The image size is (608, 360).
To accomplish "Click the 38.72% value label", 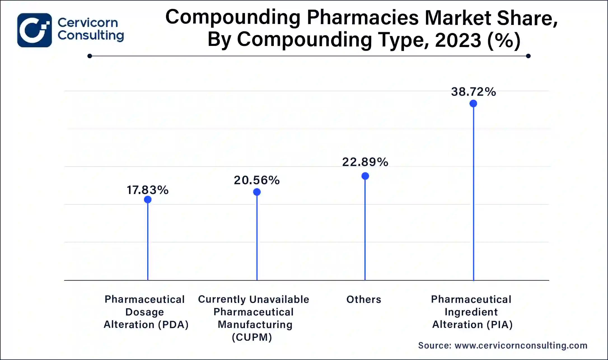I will click(473, 92).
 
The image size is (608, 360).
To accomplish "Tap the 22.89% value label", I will click(365, 162).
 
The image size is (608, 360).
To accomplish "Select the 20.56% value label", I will click(257, 180).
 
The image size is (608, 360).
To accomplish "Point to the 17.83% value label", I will click(148, 190).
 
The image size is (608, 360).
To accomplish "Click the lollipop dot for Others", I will click(365, 176).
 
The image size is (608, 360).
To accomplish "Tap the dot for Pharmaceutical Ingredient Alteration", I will click(473, 104).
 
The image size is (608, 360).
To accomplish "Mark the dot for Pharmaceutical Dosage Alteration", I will click(148, 200).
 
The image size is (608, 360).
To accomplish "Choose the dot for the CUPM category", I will click(257, 192).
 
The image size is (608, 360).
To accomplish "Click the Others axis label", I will click(364, 300).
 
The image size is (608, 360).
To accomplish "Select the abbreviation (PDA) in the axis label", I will click(173, 325).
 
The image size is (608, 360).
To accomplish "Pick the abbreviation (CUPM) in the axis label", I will click(252, 337).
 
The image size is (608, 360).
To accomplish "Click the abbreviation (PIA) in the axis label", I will click(499, 325).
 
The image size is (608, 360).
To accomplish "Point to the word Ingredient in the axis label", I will click(471, 312).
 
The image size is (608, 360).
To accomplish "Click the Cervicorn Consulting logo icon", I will click(34, 30).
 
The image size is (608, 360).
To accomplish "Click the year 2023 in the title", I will click(458, 40).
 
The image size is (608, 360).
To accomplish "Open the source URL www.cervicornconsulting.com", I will click(521, 346).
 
